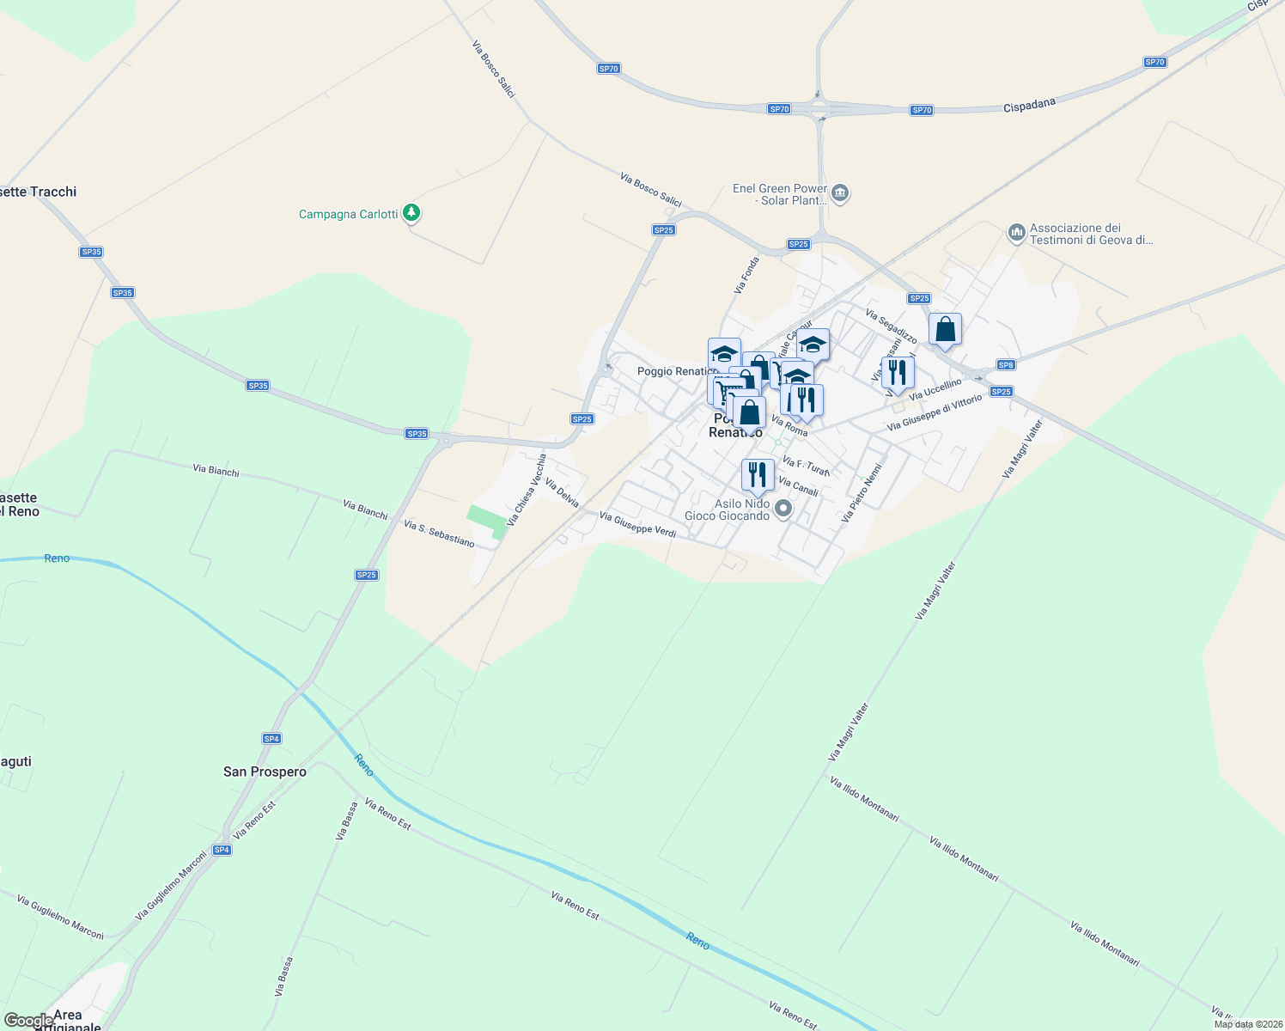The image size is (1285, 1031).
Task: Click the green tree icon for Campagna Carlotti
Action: (412, 212)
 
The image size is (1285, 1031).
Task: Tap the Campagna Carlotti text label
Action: (348, 214)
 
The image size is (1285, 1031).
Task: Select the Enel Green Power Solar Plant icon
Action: (840, 192)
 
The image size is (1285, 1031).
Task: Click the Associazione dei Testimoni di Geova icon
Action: (1016, 232)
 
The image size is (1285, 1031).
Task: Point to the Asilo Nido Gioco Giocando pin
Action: (783, 509)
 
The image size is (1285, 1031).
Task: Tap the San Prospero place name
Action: (265, 772)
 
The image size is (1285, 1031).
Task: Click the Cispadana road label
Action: (1029, 105)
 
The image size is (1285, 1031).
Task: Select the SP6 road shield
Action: (1006, 365)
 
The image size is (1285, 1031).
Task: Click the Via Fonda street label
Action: (747, 275)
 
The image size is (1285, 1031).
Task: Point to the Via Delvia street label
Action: (562, 492)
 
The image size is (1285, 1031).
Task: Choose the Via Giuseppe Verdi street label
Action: (637, 525)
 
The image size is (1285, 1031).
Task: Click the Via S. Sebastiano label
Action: (439, 534)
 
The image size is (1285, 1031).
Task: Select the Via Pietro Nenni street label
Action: (862, 494)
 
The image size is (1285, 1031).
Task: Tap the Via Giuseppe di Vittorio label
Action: (934, 412)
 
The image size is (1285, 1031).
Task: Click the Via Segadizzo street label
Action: (891, 326)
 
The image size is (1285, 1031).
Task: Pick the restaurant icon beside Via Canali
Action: (757, 474)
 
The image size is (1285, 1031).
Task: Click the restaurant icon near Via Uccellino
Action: (897, 372)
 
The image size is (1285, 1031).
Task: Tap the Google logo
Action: (28, 1021)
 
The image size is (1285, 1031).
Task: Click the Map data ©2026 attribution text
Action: (1248, 1024)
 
